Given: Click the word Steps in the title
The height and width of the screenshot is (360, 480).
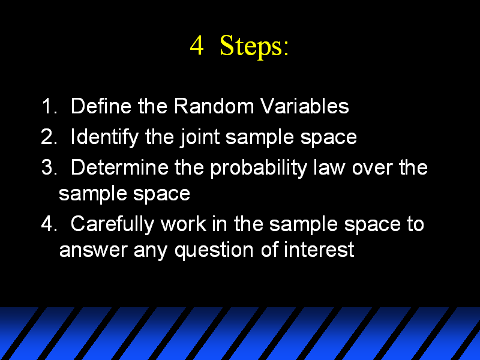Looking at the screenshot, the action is tap(252, 46).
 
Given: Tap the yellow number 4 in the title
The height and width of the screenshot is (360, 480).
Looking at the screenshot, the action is tap(197, 46).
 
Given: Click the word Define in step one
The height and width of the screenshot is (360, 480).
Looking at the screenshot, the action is tap(101, 106).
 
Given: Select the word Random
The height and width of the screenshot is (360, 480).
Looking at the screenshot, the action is tap(214, 106).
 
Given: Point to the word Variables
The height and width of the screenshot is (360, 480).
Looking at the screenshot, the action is tap(305, 106).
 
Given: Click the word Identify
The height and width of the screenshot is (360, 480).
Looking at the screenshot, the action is tap(104, 137).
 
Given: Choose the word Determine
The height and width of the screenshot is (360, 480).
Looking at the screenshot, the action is tap(119, 167).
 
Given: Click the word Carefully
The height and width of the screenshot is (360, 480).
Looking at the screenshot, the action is tap(112, 224).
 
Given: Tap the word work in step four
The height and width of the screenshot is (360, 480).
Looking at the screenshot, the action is tap(184, 224).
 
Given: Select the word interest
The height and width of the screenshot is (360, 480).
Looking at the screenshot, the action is tap(319, 250).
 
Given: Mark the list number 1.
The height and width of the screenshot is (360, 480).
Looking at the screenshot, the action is tap(50, 106).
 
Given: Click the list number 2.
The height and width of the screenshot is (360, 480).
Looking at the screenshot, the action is tap(49, 137).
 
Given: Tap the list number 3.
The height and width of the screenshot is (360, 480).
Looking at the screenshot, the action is tap(49, 167).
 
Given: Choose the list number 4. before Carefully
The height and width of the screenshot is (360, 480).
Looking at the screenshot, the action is tap(49, 223).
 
